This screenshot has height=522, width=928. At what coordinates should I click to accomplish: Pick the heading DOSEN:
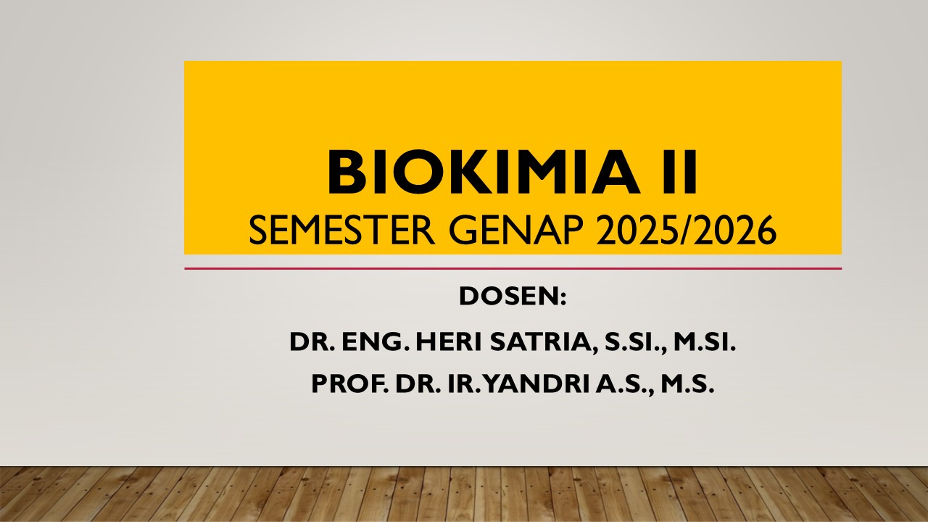(x=512, y=297)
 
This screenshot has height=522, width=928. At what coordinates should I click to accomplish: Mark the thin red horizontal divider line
(x=513, y=268)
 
